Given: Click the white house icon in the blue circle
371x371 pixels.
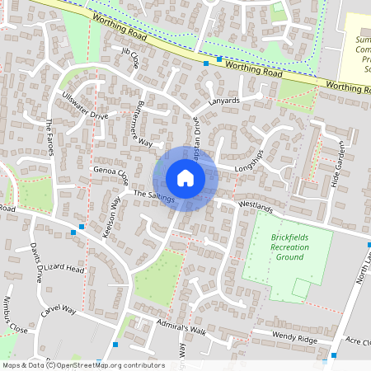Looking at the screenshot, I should click(185, 178).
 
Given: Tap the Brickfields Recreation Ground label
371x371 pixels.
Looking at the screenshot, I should click(288, 247).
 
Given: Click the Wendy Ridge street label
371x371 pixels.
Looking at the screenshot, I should click(273, 336).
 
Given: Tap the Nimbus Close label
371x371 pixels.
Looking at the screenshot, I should click(16, 314).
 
